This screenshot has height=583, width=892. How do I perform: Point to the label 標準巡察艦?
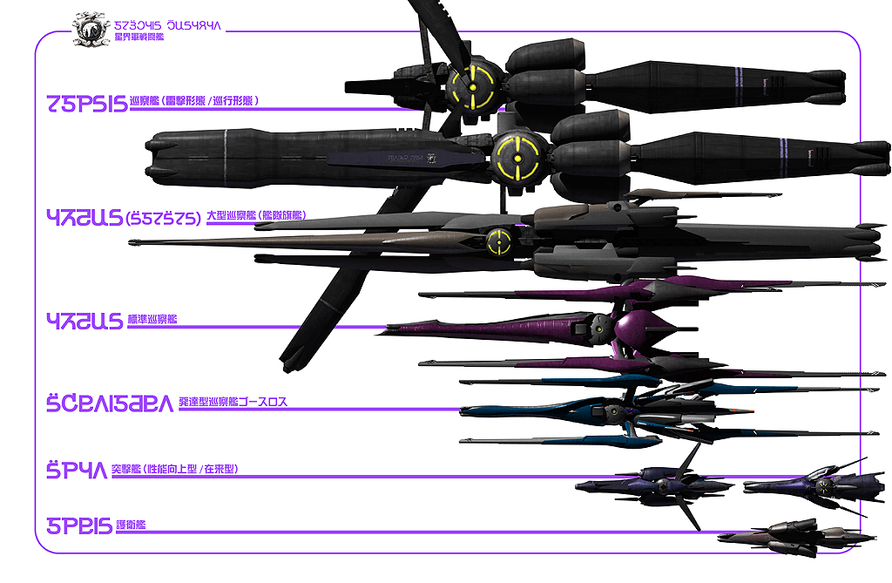click(152, 320)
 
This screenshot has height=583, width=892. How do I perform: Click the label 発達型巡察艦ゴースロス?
click(233, 403)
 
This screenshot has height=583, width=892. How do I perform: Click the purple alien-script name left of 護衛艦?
click(79, 525)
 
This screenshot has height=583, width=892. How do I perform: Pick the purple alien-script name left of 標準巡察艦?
click(84, 321)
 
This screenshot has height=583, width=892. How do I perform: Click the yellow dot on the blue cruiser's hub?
click(617, 408)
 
